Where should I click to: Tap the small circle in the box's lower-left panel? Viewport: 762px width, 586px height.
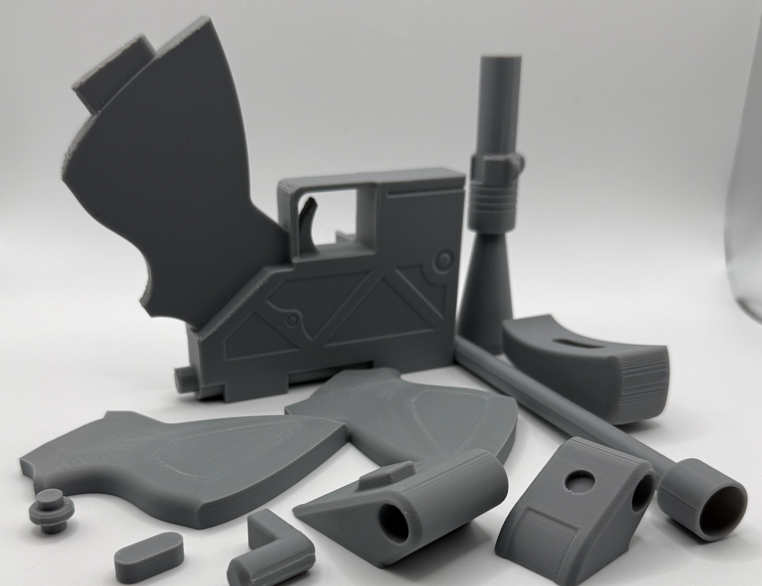(x=294, y=319)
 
